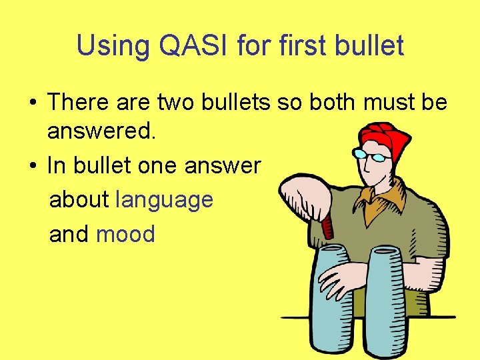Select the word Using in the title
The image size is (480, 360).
click(x=111, y=46)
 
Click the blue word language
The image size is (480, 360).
click(x=164, y=199)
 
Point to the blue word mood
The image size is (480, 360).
click(x=125, y=234)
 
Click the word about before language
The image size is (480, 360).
click(x=79, y=199)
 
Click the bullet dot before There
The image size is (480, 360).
click(x=32, y=103)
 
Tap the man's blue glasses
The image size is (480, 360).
click(x=371, y=155)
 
